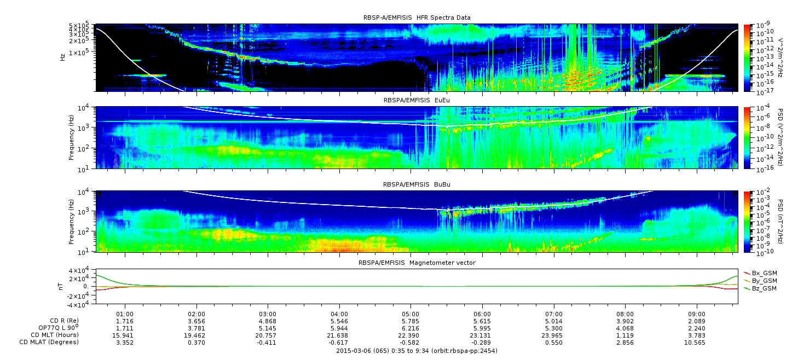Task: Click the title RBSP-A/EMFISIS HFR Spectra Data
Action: [x=417, y=18]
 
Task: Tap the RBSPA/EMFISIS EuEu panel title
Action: [x=417, y=100]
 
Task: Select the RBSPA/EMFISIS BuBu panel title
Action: [x=417, y=184]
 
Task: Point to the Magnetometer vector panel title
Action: [x=417, y=263]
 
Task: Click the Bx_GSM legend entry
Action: [x=761, y=273]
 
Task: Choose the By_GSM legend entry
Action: [x=761, y=281]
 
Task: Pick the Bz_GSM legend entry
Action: [x=761, y=289]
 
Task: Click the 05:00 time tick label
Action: [x=411, y=315]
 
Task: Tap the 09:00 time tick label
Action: [x=697, y=315]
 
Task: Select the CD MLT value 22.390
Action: [x=411, y=335]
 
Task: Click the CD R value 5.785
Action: [x=411, y=322]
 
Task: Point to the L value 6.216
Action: [x=411, y=329]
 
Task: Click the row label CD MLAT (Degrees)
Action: [x=49, y=342]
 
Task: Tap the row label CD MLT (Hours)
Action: [x=55, y=335]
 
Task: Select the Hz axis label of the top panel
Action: [x=63, y=57]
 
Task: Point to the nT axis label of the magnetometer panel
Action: [x=60, y=287]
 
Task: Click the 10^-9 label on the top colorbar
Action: [x=762, y=26]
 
